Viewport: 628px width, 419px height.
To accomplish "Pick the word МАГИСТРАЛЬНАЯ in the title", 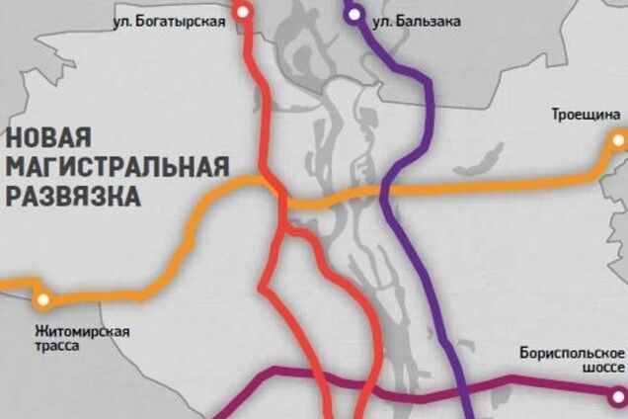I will point(117,165).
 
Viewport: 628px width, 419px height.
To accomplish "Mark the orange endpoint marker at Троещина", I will point(618,141).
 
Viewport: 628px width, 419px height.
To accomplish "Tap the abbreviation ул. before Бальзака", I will point(380,19).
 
